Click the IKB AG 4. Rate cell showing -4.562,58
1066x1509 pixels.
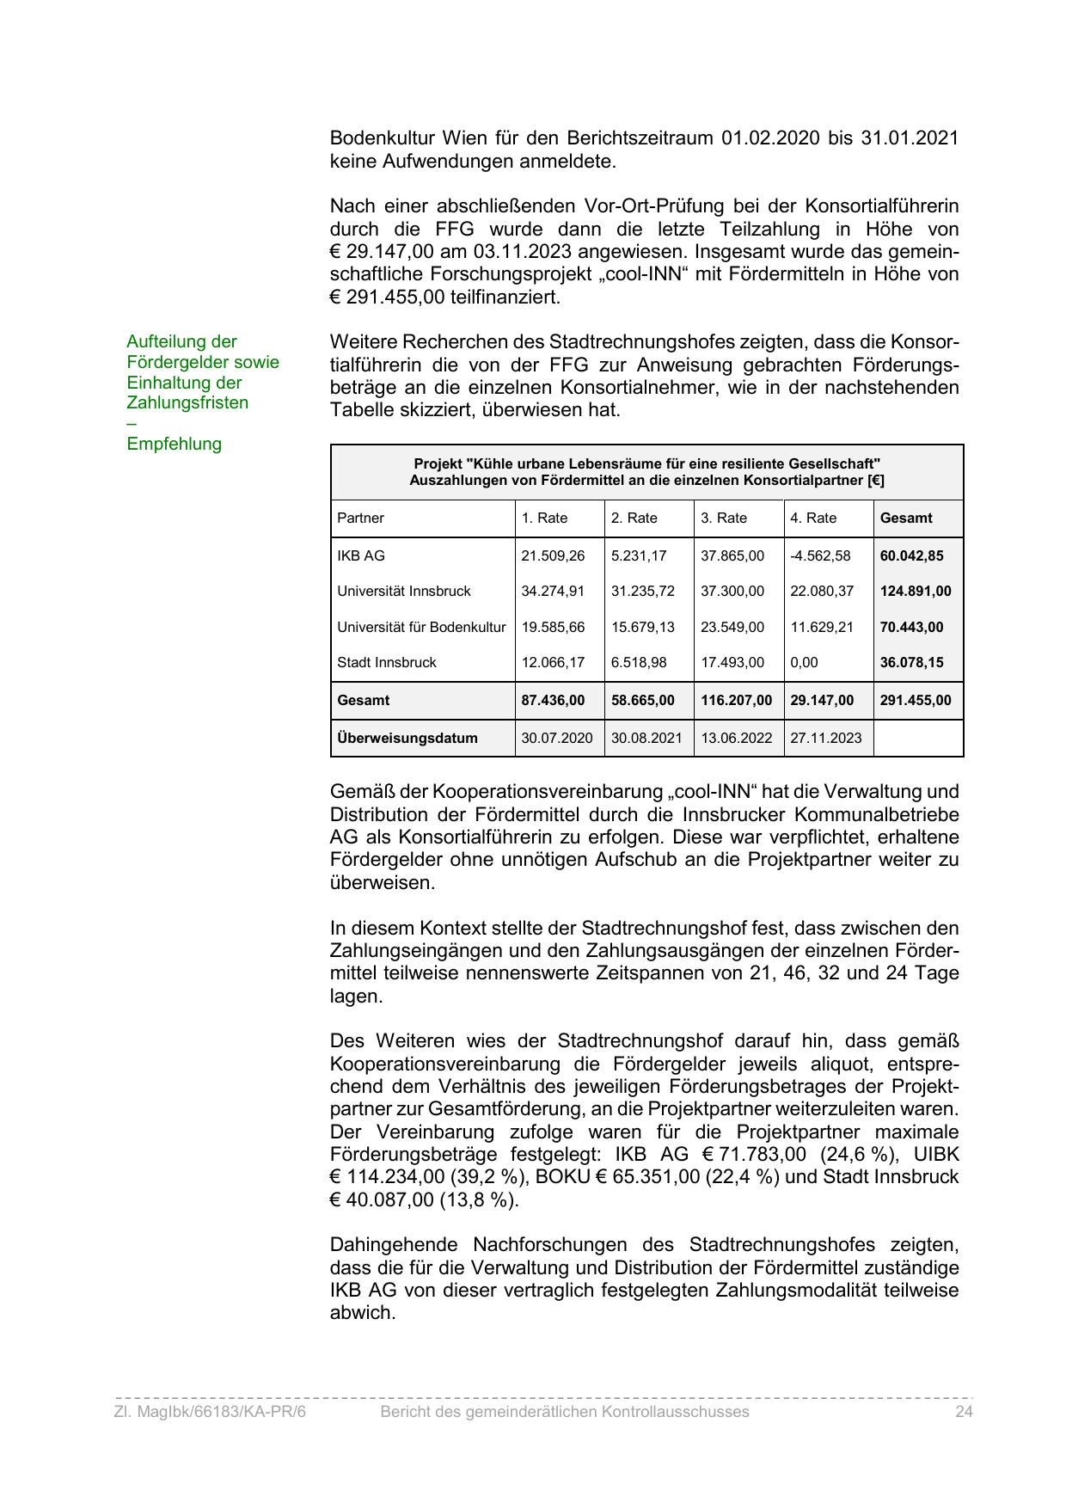820,555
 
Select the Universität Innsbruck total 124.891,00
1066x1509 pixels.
915,592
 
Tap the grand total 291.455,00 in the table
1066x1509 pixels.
915,700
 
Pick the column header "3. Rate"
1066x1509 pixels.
724,518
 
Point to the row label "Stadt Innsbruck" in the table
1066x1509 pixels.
387,662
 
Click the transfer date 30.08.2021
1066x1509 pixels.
646,738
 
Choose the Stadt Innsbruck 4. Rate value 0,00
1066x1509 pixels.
804,662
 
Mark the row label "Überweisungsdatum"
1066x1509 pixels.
407,738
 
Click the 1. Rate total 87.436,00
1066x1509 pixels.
553,700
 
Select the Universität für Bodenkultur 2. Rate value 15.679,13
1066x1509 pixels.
642,627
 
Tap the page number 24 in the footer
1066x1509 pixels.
963,1412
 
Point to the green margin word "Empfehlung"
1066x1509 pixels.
174,444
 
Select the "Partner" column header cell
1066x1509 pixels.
360,518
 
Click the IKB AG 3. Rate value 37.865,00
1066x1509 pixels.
732,555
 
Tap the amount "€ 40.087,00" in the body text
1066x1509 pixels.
382,1199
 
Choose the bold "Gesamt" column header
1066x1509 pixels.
905,518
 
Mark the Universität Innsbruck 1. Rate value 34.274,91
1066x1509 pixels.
553,592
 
